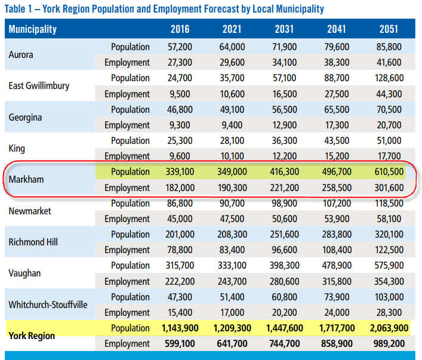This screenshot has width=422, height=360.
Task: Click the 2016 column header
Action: [180, 29]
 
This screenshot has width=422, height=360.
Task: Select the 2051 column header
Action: [389, 29]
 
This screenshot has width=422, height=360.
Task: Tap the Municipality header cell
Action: [33, 29]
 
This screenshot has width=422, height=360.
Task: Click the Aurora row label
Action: [21, 55]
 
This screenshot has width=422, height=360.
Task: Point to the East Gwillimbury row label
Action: [39, 86]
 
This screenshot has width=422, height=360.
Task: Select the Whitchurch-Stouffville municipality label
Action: [48, 305]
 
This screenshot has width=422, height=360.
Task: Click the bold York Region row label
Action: [32, 336]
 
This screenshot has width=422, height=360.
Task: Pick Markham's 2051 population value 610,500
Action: [389, 172]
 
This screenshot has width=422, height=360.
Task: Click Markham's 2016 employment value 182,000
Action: [180, 187]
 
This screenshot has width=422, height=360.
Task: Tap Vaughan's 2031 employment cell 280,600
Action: [285, 281]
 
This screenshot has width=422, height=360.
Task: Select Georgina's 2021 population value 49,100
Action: [232, 110]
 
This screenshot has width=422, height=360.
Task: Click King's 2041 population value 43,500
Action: [337, 140]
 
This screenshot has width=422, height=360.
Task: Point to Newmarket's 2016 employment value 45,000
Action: [180, 219]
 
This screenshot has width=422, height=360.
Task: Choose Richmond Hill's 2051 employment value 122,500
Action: [389, 250]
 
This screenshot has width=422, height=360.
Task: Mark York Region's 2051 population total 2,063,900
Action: [389, 328]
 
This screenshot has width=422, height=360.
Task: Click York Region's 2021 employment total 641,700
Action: [232, 343]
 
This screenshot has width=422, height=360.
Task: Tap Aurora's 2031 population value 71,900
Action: [285, 47]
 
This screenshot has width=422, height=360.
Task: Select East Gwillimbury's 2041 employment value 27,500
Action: [337, 94]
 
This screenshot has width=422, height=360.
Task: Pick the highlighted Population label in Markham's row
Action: [130, 172]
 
